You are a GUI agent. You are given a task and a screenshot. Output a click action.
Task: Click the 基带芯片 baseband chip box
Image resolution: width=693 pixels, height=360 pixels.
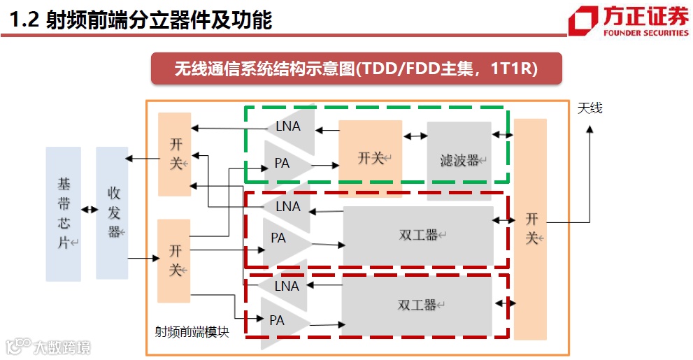coord(63,214)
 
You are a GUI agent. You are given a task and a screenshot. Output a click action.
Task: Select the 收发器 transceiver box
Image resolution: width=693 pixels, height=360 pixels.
coord(112,213)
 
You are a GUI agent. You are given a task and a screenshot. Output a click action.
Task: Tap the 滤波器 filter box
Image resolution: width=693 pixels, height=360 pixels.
coord(459,160)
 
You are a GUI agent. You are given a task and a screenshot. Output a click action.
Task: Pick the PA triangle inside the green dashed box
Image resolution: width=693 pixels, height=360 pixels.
coord(285,164)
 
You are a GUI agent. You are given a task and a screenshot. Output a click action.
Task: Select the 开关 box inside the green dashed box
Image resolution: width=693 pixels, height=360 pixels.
coord(370,158)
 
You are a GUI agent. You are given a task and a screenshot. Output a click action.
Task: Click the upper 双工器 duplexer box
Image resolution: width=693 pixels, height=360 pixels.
coord(417,235)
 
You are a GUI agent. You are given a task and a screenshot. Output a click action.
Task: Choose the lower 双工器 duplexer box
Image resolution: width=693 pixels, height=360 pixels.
coord(417,305)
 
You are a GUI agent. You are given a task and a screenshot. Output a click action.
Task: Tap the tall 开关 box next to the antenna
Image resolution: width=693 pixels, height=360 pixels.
coord(529,229)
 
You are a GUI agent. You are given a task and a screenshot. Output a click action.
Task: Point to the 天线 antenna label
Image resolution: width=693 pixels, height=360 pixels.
coord(590,108)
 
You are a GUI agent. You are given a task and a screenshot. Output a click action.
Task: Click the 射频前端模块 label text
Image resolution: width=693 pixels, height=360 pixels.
coord(192,333)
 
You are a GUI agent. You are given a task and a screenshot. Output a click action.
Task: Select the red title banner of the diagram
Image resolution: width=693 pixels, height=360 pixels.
coord(357,69)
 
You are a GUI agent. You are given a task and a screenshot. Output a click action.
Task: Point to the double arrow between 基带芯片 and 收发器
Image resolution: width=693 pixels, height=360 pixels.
coord(89,209)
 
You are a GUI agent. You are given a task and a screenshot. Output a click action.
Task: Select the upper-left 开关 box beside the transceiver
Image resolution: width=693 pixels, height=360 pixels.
coord(175,154)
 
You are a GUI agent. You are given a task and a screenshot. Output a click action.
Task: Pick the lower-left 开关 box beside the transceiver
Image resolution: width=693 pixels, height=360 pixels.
coord(174,260)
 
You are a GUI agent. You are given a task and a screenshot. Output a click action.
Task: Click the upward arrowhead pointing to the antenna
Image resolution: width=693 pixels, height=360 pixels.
coord(590,130)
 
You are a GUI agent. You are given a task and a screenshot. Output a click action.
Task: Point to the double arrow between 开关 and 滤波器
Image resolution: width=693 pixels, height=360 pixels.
coord(415,136)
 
